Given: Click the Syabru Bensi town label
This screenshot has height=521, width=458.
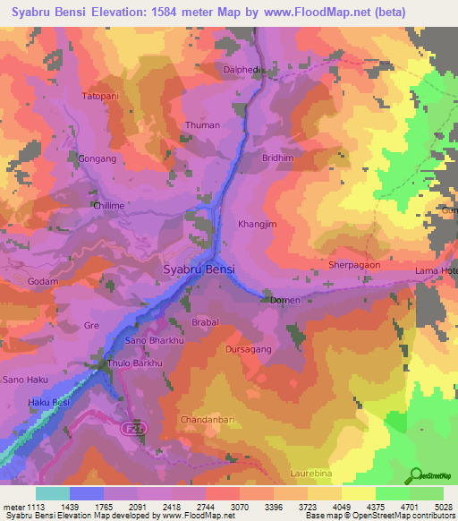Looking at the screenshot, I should point(199,269).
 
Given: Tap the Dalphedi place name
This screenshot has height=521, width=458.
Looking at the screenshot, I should point(240,68).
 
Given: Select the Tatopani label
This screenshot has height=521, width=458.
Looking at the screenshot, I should point(100,95).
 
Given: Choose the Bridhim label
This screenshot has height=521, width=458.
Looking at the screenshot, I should point(277,158).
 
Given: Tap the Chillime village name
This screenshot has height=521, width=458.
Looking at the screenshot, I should point(112,205).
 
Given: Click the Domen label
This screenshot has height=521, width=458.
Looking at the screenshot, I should point(284,301).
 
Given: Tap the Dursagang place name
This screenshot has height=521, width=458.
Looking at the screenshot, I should point(248,350).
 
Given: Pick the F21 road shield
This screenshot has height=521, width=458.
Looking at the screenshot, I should point(131,429).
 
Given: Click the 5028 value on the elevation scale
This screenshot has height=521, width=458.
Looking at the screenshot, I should point(443,506).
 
